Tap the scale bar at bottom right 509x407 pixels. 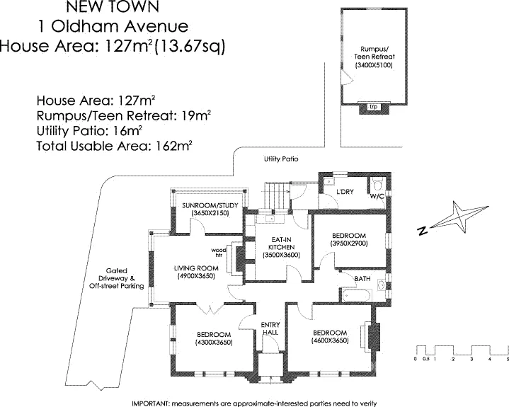tap(462, 352)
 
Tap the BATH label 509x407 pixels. tap(362, 280)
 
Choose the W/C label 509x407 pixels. tap(377, 197)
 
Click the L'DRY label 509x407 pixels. tap(345, 192)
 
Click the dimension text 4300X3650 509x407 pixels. tap(214, 343)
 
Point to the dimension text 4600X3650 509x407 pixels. tap(329, 340)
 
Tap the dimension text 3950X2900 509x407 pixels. tap(348, 243)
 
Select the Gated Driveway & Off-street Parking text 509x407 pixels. tap(117, 278)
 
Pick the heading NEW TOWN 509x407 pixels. tap(113, 8)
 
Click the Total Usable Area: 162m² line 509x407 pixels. tap(114, 147)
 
